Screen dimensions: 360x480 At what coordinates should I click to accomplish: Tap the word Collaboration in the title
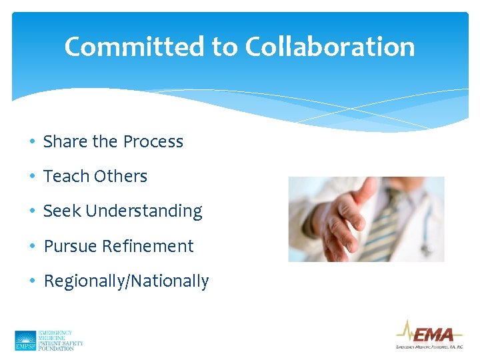[x=330, y=47]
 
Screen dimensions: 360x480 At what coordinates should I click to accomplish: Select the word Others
[x=121, y=176]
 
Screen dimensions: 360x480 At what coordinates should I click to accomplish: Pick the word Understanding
[x=144, y=211]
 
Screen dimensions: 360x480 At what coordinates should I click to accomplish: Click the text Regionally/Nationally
[x=126, y=281]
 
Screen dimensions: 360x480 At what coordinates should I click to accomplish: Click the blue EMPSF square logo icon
[x=25, y=341]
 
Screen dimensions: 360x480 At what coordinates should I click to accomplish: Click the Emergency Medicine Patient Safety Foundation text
[x=61, y=340]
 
